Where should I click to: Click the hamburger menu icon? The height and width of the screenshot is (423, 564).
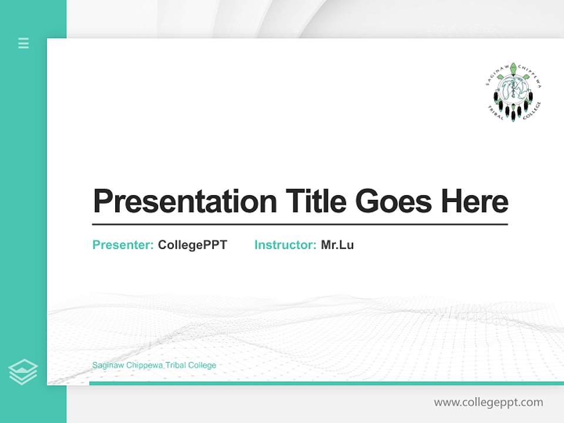click(x=23, y=43)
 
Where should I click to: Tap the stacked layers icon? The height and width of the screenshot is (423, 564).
click(x=23, y=372)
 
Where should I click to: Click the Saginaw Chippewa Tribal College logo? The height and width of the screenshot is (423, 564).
click(x=513, y=92)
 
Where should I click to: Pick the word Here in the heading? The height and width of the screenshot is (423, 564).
click(x=475, y=201)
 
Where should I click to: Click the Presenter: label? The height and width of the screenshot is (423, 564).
click(x=123, y=245)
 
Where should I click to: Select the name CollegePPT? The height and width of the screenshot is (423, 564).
click(x=192, y=245)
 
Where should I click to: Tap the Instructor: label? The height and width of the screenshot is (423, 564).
click(x=286, y=245)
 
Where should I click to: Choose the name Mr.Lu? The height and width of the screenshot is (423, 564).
click(x=337, y=245)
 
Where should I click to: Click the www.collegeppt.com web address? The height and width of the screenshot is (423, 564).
click(x=488, y=402)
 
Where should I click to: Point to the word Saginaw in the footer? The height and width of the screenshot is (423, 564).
click(x=108, y=365)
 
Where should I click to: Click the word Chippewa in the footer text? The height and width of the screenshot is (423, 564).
click(x=145, y=365)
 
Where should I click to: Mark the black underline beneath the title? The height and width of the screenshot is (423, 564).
click(x=300, y=224)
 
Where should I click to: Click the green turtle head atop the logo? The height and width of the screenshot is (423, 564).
click(x=513, y=68)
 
